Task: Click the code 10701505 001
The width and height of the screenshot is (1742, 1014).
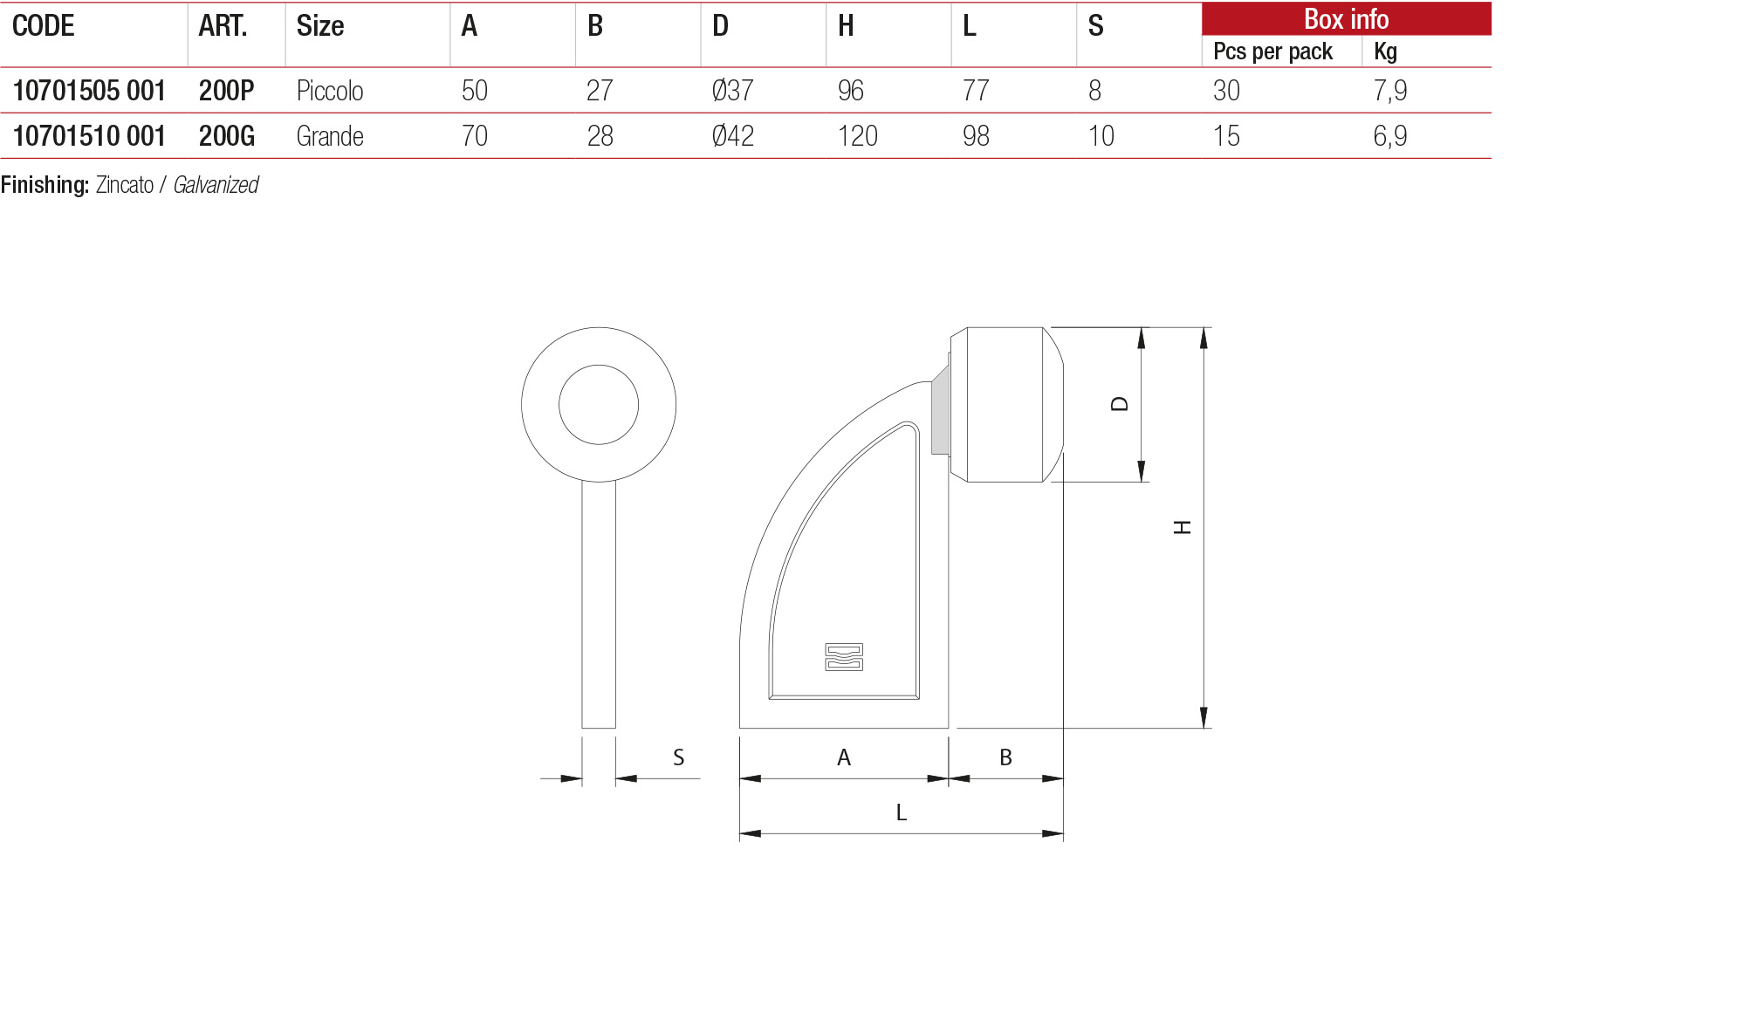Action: coord(89,91)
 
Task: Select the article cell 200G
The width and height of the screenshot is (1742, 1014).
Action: coord(227,136)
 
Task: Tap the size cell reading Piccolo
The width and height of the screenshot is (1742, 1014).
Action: coord(330,91)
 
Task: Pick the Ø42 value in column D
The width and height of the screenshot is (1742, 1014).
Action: coord(733,136)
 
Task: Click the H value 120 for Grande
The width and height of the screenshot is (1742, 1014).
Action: coord(858,136)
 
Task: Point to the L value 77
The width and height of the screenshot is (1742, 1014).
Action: coord(976,91)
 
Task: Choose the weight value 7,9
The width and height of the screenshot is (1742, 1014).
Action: coord(1390,91)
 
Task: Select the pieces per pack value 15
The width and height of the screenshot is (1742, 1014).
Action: coord(1226,136)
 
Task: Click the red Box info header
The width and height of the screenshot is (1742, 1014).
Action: coord(1347,19)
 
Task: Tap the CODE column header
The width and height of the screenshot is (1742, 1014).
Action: coord(44,26)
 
